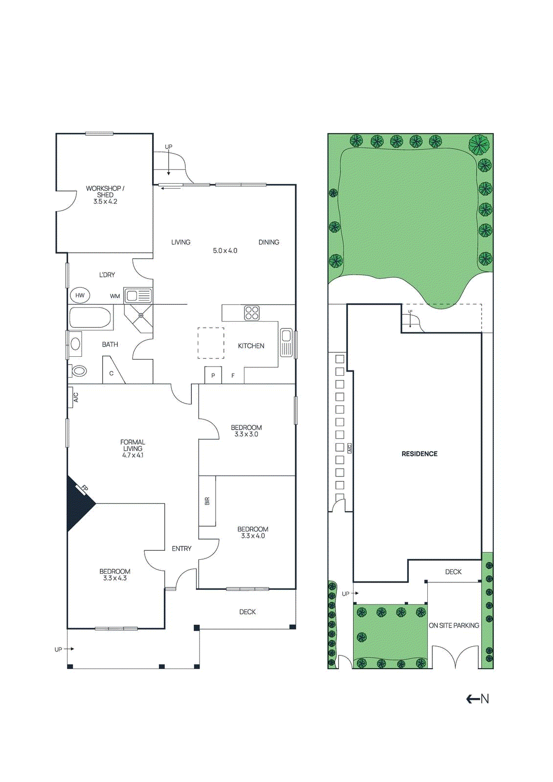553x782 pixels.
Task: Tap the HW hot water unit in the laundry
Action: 80,295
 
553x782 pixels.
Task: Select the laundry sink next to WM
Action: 138,296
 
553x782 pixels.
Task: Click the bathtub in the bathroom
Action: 90,318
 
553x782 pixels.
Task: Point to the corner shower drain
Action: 141,315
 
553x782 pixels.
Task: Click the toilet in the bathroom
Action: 79,371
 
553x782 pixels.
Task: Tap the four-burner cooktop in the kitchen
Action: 252,313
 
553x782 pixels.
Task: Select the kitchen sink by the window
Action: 286,342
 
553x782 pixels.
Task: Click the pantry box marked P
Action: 213,375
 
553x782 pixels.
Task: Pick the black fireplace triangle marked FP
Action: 78,503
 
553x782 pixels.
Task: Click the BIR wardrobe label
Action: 207,501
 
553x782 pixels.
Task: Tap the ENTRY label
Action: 181,548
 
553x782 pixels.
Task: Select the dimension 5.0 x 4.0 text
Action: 225,251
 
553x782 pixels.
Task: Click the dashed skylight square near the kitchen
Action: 211,343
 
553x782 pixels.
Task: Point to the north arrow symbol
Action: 478,699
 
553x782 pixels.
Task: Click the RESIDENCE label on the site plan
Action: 419,454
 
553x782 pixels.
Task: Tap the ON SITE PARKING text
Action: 454,625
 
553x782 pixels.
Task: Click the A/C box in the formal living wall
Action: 75,397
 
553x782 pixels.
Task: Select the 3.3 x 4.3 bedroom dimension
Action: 115,578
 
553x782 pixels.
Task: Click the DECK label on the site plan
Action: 453,571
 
